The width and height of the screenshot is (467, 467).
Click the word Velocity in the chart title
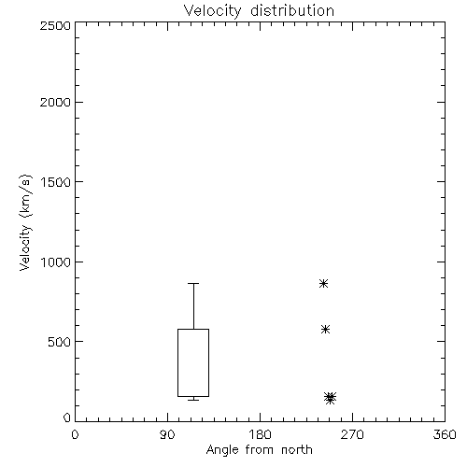pos(212,11)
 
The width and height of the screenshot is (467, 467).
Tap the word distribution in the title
pos(292,10)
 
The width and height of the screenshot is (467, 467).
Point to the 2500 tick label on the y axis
pos(55,25)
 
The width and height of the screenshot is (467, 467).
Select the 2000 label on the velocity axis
pos(55,102)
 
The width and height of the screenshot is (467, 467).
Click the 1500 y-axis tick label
pos(56,182)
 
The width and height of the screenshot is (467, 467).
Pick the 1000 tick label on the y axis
pos(56,262)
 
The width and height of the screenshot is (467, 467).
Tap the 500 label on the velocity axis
pos(60,342)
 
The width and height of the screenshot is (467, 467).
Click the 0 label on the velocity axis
pos(67,417)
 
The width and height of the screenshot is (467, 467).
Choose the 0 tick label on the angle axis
pos(75,434)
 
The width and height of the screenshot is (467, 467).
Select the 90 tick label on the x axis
pos(167,434)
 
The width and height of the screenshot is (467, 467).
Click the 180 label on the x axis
pos(260,434)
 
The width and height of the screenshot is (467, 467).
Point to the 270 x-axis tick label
pos(352,434)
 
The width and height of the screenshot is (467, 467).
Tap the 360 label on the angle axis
pos(445,434)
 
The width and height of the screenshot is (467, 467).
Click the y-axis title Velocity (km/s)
pos(25,222)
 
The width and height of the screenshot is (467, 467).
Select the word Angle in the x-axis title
pos(222,450)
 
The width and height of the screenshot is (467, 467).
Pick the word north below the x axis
pos(297,450)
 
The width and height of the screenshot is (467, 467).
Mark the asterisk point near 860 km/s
pos(323,283)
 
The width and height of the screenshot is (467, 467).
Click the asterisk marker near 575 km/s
pos(325,329)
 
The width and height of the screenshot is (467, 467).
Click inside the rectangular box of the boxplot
pos(193,362)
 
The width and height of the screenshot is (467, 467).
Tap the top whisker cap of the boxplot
pos(193,283)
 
